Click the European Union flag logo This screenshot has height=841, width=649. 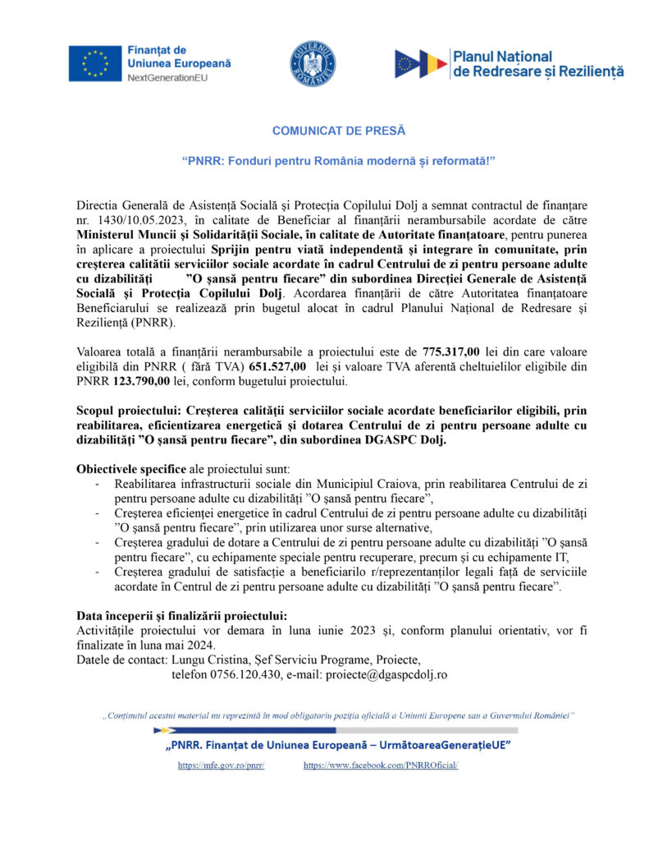[95, 63]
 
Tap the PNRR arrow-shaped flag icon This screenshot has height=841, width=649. [421, 64]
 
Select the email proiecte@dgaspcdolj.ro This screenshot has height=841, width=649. [385, 674]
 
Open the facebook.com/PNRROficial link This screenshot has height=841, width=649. [381, 765]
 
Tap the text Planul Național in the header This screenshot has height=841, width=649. [502, 57]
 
